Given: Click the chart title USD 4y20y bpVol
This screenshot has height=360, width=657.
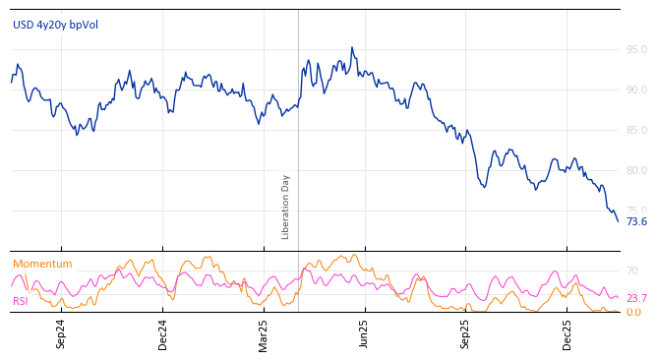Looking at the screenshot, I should click(x=55, y=25).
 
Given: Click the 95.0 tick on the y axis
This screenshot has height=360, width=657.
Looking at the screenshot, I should click(x=636, y=49).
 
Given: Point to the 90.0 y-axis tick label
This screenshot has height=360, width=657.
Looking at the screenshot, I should click(x=636, y=90).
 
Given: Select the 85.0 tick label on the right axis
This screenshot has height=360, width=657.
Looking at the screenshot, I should click(x=636, y=130).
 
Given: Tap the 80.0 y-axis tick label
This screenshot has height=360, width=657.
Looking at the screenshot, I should click(x=636, y=170).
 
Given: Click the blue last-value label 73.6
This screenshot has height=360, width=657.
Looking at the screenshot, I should click(x=636, y=221).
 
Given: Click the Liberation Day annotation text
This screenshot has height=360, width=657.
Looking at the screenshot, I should click(x=286, y=207).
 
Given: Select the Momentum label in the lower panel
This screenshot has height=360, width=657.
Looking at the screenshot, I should click(x=42, y=264).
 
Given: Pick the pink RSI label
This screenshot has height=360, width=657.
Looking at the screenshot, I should click(x=21, y=301).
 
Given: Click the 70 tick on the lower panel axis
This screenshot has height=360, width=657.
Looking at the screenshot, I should click(x=632, y=270).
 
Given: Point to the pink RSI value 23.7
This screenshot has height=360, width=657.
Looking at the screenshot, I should click(x=636, y=299).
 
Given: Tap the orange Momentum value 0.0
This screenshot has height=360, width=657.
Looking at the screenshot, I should click(x=633, y=313).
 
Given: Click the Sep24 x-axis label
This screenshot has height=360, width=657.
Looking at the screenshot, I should click(x=61, y=333).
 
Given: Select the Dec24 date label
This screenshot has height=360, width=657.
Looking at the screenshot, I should click(x=163, y=333).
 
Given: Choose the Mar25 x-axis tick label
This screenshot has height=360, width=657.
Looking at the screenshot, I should click(x=264, y=333).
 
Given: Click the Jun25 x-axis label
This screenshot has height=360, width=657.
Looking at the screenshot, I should click(x=365, y=333).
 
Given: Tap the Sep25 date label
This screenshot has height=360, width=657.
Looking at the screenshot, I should click(x=466, y=333).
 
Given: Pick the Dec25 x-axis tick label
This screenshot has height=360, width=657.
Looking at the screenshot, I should click(x=567, y=333).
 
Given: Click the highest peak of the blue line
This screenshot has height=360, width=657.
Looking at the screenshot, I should click(x=352, y=47).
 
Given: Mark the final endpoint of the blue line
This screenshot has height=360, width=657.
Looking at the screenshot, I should click(x=618, y=221).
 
